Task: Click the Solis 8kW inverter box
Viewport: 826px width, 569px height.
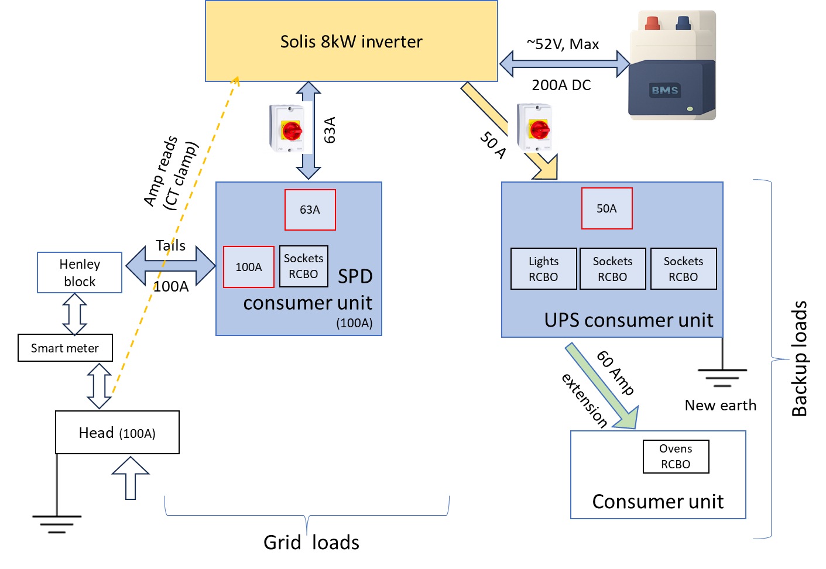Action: (x=351, y=41)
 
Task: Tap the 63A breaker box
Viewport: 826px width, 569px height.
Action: (x=310, y=210)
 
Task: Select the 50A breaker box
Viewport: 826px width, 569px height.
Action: (x=606, y=208)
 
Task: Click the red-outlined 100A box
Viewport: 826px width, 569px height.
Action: (x=248, y=267)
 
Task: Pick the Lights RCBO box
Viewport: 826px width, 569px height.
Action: (x=543, y=269)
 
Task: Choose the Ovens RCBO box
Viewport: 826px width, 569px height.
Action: (x=676, y=456)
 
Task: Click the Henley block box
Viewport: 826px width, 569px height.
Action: (x=80, y=273)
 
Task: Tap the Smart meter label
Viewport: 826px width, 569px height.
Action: (x=65, y=348)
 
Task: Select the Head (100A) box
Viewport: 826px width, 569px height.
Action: (x=116, y=433)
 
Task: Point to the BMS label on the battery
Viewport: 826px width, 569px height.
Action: (x=665, y=90)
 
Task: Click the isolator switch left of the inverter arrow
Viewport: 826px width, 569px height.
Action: (x=285, y=128)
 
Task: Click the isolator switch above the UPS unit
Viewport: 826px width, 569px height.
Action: (x=533, y=126)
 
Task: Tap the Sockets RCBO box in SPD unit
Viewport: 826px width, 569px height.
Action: (x=303, y=266)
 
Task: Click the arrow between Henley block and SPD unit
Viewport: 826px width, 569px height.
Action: (x=170, y=266)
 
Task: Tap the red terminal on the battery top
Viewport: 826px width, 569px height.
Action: (x=652, y=23)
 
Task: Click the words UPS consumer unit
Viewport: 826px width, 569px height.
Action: (x=628, y=320)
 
